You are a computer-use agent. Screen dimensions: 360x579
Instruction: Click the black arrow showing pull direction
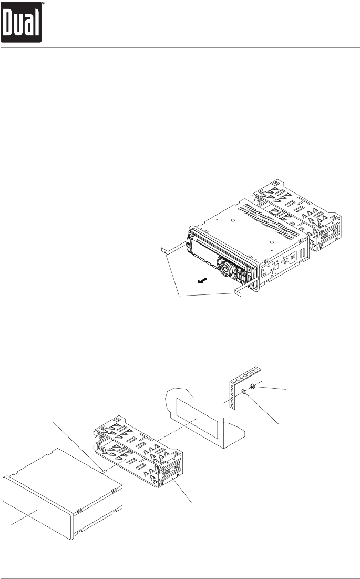point(200,282)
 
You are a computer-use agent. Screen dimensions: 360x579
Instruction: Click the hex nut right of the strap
point(253,388)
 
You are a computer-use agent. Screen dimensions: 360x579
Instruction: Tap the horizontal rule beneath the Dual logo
point(180,47)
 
